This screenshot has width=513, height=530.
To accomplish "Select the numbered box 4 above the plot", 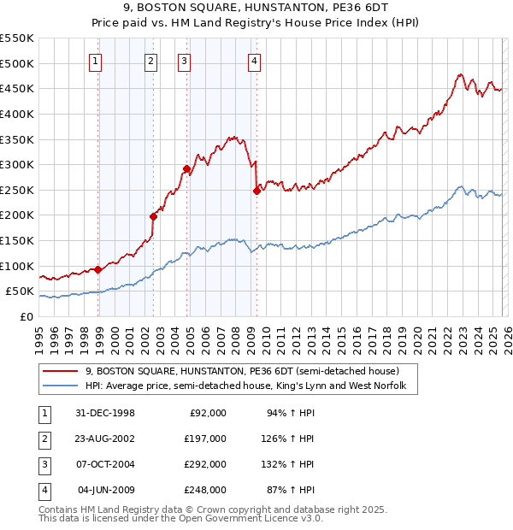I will [x=255, y=61].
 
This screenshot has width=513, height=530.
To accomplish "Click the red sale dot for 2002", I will [x=154, y=216].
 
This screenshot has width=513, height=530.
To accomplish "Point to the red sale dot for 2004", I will [x=186, y=168].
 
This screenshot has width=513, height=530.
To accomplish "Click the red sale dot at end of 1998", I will [x=98, y=269].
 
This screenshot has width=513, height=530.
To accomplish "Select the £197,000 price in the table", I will [x=206, y=439].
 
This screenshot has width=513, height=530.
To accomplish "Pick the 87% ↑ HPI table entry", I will [x=292, y=490].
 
